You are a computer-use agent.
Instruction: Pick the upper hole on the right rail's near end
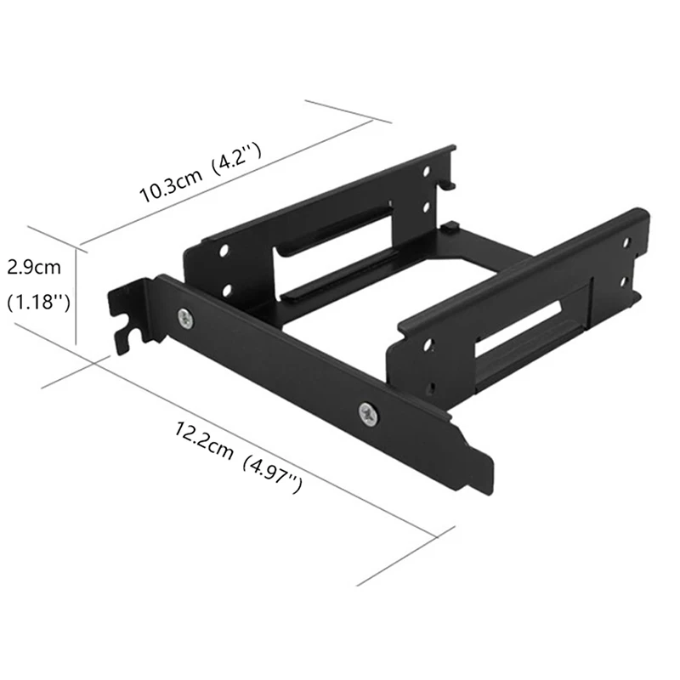click(x=428, y=346)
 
